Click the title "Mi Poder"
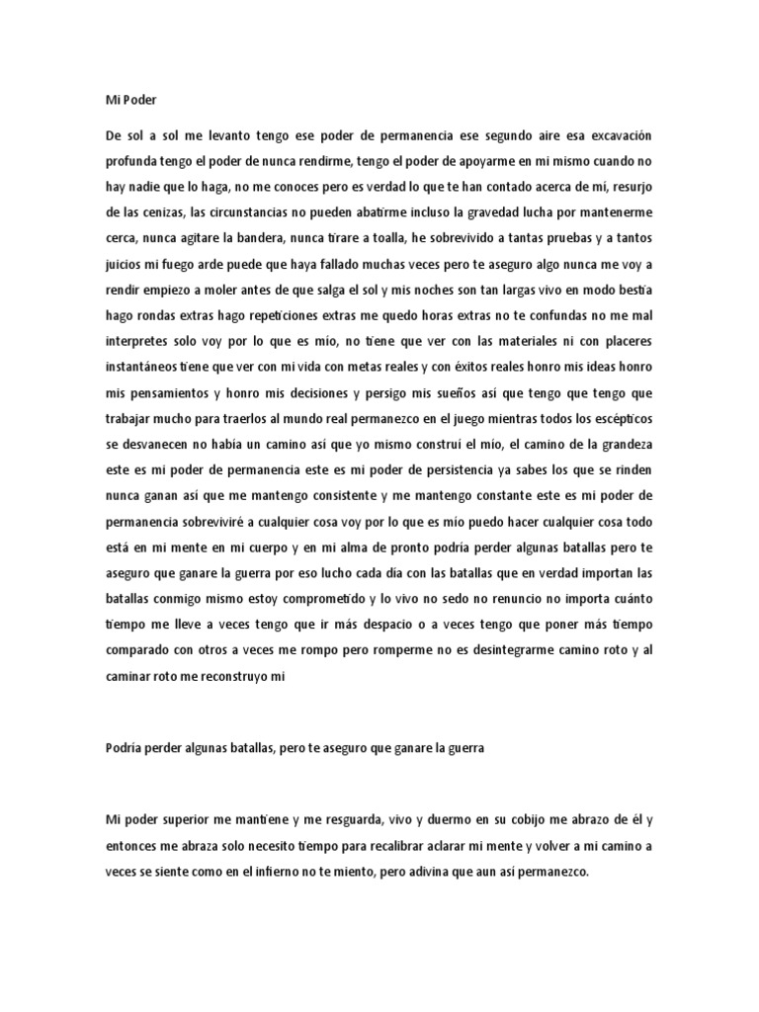coord(130,100)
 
